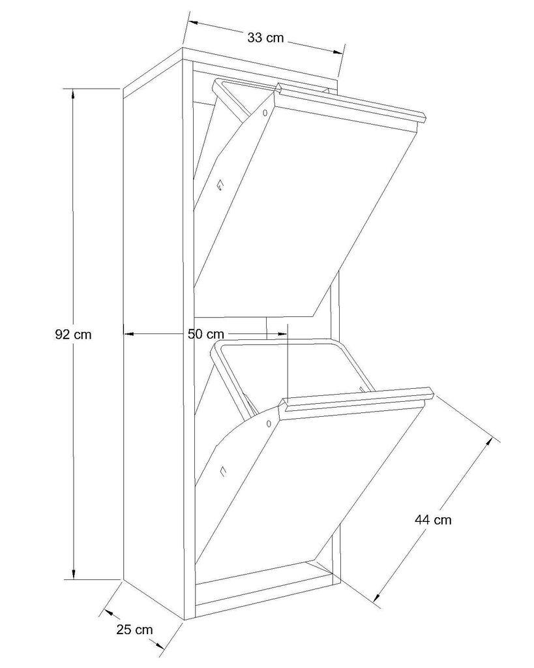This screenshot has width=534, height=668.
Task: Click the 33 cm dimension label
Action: coord(265,38)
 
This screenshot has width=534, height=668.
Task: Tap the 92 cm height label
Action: coord(74,335)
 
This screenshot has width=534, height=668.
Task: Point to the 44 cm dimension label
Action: coord(433,520)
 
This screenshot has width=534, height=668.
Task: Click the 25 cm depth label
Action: coord(134,630)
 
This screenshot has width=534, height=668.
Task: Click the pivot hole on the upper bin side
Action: coord(265,112)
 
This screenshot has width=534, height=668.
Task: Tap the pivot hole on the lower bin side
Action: coord(269,423)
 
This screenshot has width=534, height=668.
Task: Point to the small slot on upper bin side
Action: coord(219,186)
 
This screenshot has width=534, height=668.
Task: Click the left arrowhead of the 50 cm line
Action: coord(128,334)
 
